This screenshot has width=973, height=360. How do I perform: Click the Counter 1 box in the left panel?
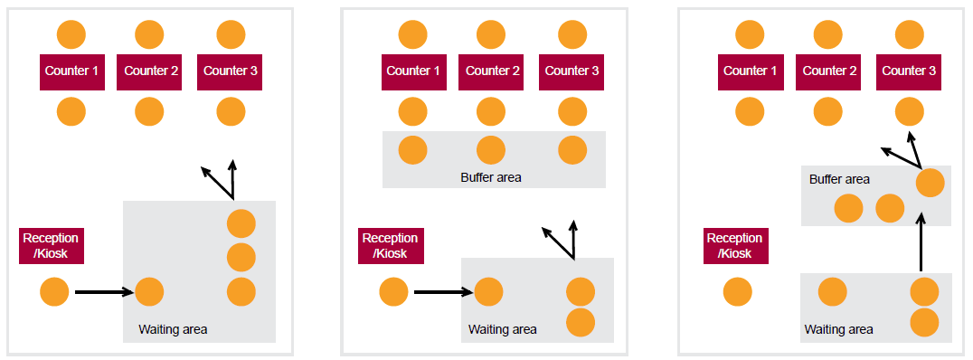tap(71, 71)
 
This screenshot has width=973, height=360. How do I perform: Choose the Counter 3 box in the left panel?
tap(230, 71)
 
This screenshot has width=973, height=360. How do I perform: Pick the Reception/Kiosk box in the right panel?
tap(735, 246)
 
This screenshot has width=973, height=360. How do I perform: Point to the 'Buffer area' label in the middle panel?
tap(491, 177)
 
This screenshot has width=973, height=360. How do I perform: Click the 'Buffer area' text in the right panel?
tap(839, 179)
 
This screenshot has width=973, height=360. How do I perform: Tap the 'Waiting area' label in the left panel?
tap(173, 329)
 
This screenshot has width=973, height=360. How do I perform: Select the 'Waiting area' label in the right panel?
tap(838, 329)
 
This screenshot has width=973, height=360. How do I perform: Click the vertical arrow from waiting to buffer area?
tap(921, 242)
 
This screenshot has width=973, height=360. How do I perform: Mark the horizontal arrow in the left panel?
tap(104, 292)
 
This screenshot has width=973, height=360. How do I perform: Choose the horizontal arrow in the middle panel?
tap(443, 292)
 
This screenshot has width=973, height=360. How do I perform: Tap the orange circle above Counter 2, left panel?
tap(149, 35)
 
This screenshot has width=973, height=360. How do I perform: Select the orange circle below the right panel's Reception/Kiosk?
tap(738, 292)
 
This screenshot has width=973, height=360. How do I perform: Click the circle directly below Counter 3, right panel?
tap(911, 111)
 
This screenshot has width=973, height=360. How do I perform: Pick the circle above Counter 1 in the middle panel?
tap(413, 35)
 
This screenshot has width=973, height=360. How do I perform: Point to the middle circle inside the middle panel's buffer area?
tap(490, 150)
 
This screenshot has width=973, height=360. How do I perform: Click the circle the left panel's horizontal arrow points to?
tap(149, 292)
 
